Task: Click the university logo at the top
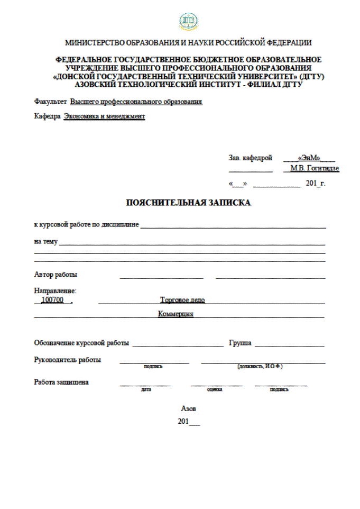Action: [x=188, y=21]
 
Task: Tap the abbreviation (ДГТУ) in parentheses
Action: [x=311, y=77]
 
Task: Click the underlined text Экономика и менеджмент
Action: [x=104, y=116]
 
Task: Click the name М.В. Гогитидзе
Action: [x=315, y=169]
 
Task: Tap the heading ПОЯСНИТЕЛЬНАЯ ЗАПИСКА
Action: [x=188, y=203]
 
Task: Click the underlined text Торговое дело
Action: [x=182, y=300]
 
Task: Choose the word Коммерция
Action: [x=176, y=314]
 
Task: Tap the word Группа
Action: [x=239, y=343]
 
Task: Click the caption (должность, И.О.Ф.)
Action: [x=260, y=366]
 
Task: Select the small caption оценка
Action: [x=214, y=389]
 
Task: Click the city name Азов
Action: [x=189, y=409]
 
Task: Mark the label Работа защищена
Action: [x=61, y=382]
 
